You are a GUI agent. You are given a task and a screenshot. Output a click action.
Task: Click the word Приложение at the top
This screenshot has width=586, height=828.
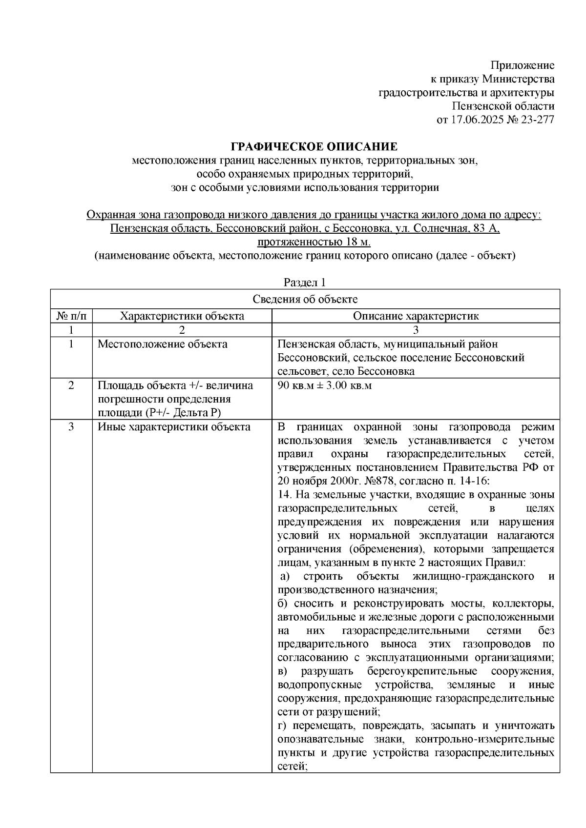(523, 65)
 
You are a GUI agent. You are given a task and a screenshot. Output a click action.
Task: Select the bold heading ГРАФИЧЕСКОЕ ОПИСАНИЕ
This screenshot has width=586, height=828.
(314, 146)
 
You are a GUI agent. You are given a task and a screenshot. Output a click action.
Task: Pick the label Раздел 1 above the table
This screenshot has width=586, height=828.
(305, 283)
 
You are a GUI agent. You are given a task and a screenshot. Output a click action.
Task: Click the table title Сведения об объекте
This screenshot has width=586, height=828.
(305, 299)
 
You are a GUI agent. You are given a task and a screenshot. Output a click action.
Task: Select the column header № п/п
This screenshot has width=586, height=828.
(71, 316)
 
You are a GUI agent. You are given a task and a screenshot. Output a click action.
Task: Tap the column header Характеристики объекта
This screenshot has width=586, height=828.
(182, 316)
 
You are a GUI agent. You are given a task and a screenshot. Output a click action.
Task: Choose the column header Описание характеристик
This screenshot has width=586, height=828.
(416, 316)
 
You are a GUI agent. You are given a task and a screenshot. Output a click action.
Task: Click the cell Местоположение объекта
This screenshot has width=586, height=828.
(163, 344)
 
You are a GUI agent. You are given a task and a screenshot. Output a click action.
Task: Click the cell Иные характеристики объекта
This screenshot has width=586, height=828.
(174, 427)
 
